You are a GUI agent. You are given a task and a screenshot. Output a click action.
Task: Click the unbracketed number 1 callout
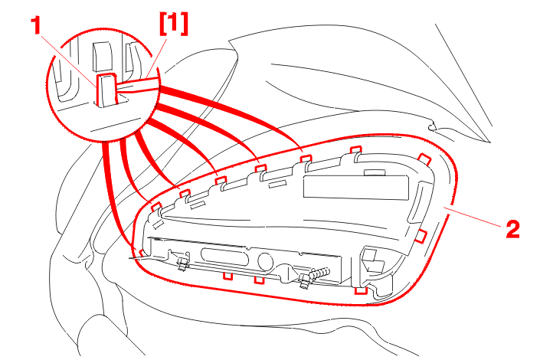[35, 26]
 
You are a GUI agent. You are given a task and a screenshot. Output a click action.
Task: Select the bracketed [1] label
[173, 24]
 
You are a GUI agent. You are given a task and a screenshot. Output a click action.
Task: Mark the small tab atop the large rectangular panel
[375, 172]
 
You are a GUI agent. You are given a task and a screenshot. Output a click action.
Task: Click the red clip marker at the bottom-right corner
[361, 291]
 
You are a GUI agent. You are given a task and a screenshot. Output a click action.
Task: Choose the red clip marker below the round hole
[259, 279]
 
